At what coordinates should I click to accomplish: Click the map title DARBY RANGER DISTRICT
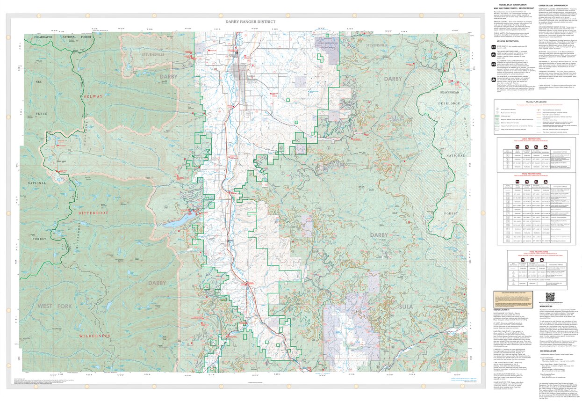(x=250, y=22)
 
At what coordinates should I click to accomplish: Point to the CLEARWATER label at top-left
(x=43, y=37)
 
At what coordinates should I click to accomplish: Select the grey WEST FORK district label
(x=52, y=306)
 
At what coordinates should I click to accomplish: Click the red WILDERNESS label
(x=95, y=336)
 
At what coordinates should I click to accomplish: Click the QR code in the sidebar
(x=550, y=297)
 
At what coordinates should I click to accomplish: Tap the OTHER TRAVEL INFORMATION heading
(x=553, y=5)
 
